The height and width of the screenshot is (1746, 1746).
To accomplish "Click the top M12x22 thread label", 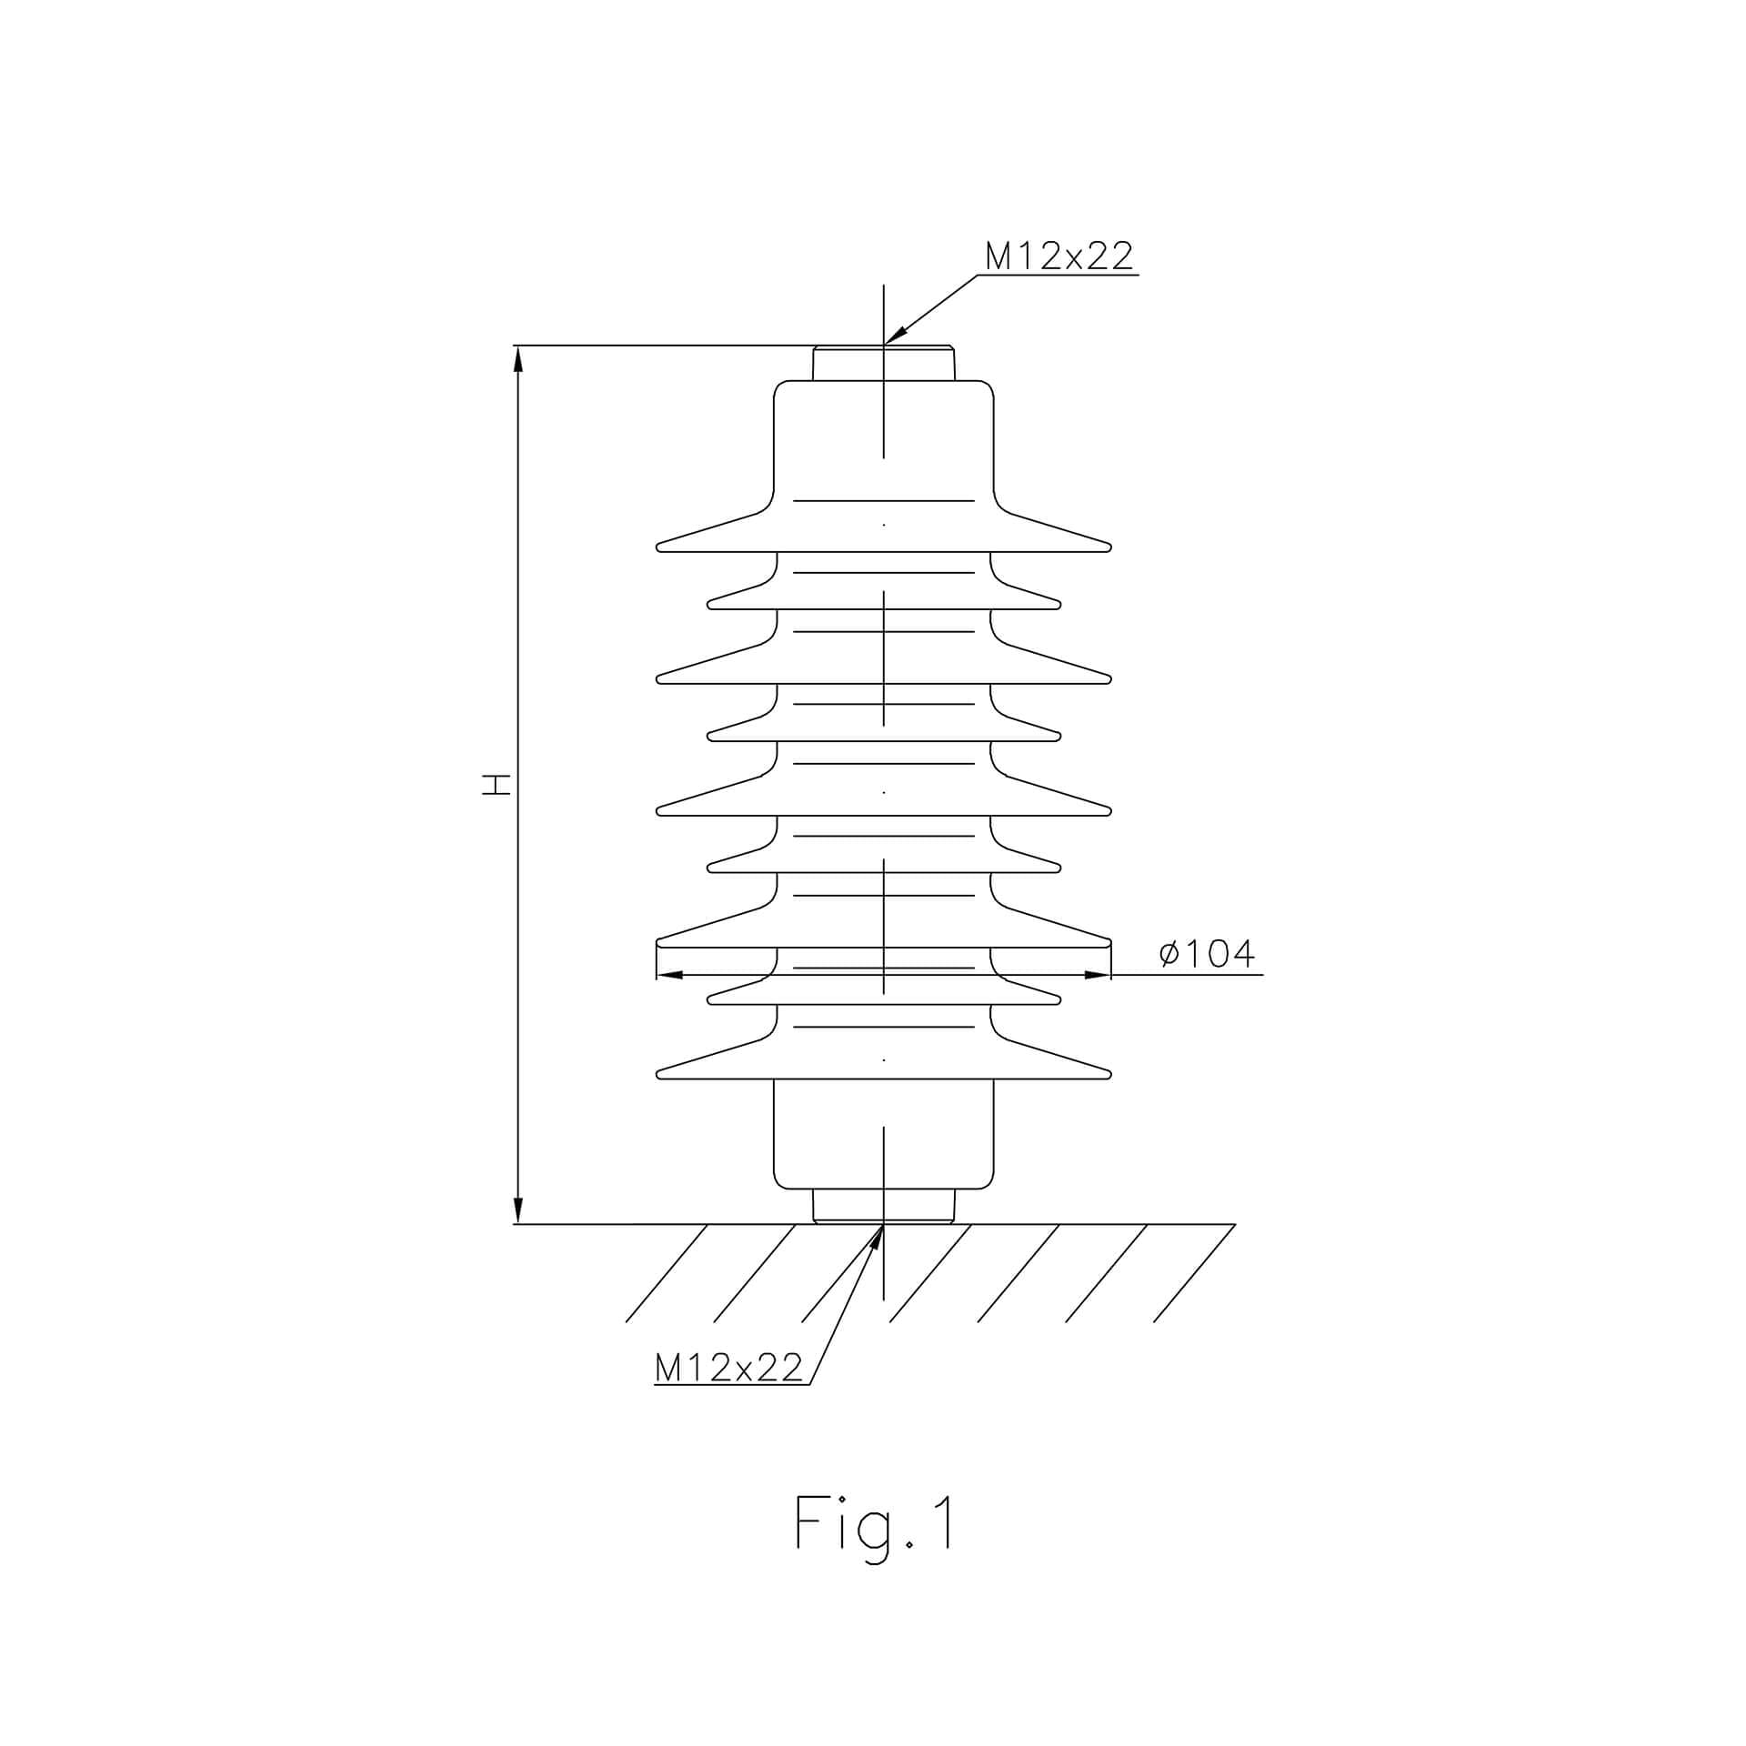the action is [x=1059, y=256].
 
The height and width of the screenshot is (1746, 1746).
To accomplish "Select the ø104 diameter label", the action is [x=1207, y=953].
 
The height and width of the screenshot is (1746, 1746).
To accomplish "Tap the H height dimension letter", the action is [x=497, y=785].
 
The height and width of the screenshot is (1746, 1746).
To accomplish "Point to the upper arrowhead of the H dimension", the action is [x=518, y=358].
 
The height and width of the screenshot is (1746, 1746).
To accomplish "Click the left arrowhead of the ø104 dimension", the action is [x=670, y=975].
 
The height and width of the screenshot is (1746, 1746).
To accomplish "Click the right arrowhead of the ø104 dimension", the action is [x=1097, y=975].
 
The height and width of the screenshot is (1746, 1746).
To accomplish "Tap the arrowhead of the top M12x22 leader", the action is [x=896, y=336].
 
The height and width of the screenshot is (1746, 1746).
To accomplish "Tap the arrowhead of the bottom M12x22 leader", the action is [x=877, y=1239].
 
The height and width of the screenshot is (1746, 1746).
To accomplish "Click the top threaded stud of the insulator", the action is [x=883, y=363].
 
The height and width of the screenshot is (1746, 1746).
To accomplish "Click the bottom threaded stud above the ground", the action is [x=883, y=1206].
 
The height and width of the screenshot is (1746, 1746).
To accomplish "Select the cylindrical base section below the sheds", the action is [x=883, y=1133].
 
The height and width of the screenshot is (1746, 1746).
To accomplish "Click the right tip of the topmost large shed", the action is [x=1110, y=547].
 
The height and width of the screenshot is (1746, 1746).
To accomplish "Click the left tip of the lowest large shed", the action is [x=657, y=1074].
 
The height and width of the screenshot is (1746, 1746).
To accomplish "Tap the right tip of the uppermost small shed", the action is [x=1059, y=604].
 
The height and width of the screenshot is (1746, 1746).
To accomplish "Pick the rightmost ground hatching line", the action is [x=1194, y=1273].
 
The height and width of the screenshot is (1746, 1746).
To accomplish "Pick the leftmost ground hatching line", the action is [x=667, y=1273].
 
